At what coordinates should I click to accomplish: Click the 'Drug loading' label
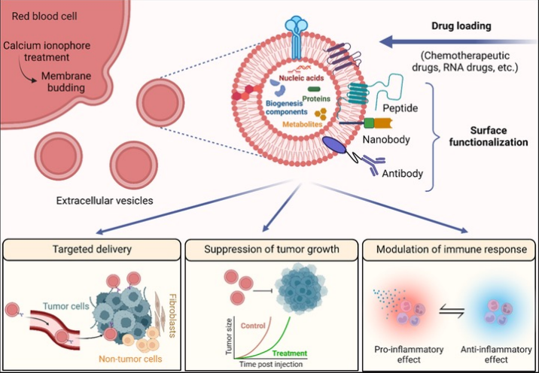tap(461, 26)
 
